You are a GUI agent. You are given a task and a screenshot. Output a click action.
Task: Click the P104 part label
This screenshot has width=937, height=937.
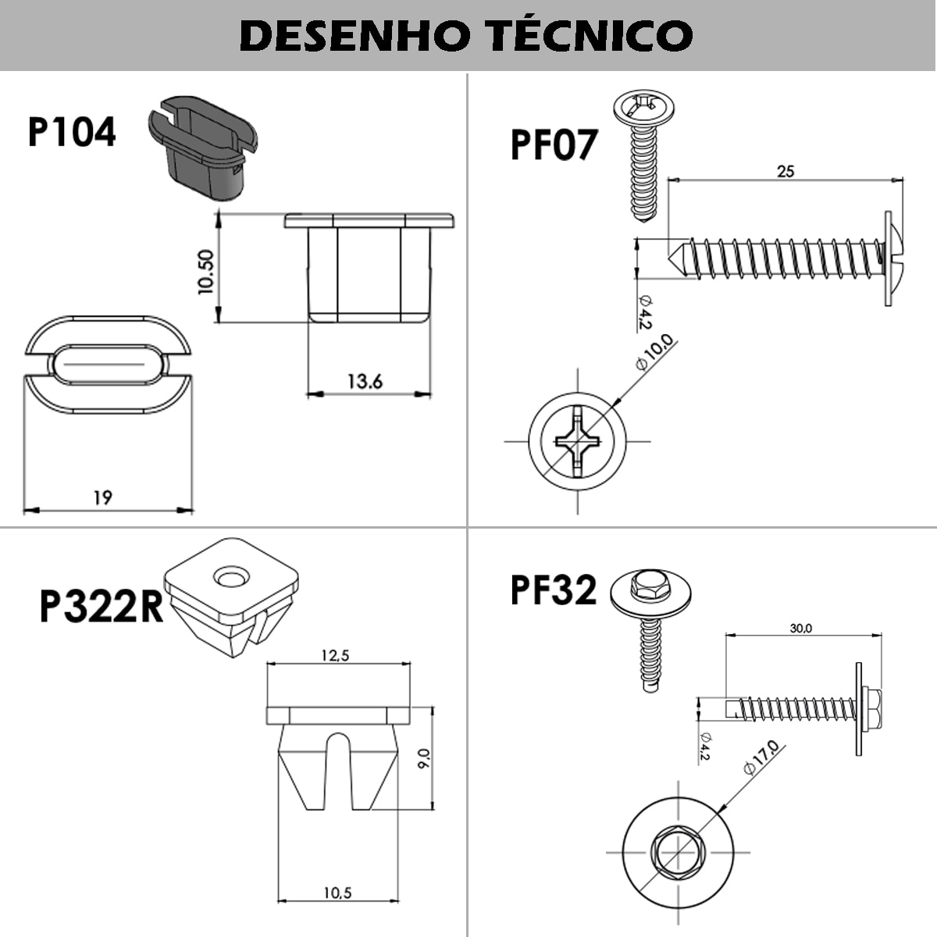coord(72,132)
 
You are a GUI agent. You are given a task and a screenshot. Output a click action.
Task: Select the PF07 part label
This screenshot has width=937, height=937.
coord(553,145)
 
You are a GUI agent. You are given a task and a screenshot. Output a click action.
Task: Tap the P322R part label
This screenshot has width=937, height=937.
coord(102,607)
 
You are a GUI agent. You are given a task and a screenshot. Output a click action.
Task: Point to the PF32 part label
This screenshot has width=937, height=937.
coord(553,590)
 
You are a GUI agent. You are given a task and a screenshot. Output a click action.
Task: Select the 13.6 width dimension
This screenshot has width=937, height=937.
coord(365,381)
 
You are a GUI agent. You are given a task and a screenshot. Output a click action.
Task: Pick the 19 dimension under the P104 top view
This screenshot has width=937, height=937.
coord(102,497)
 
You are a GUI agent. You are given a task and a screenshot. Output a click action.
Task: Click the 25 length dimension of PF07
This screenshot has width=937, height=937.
coord(786,170)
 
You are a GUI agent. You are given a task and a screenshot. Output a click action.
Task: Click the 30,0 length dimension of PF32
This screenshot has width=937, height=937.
coord(800,628)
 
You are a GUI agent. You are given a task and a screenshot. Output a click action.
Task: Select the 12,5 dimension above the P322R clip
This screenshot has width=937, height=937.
coord(335,656)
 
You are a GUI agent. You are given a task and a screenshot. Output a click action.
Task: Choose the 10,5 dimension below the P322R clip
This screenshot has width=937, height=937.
coord(337,892)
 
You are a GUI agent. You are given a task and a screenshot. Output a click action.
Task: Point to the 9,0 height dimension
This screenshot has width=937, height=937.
coord(423,759)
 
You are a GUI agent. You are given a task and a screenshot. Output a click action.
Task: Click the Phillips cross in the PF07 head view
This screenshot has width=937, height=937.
coord(577,441)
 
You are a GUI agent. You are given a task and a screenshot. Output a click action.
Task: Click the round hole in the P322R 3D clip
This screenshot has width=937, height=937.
coord(230,578)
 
